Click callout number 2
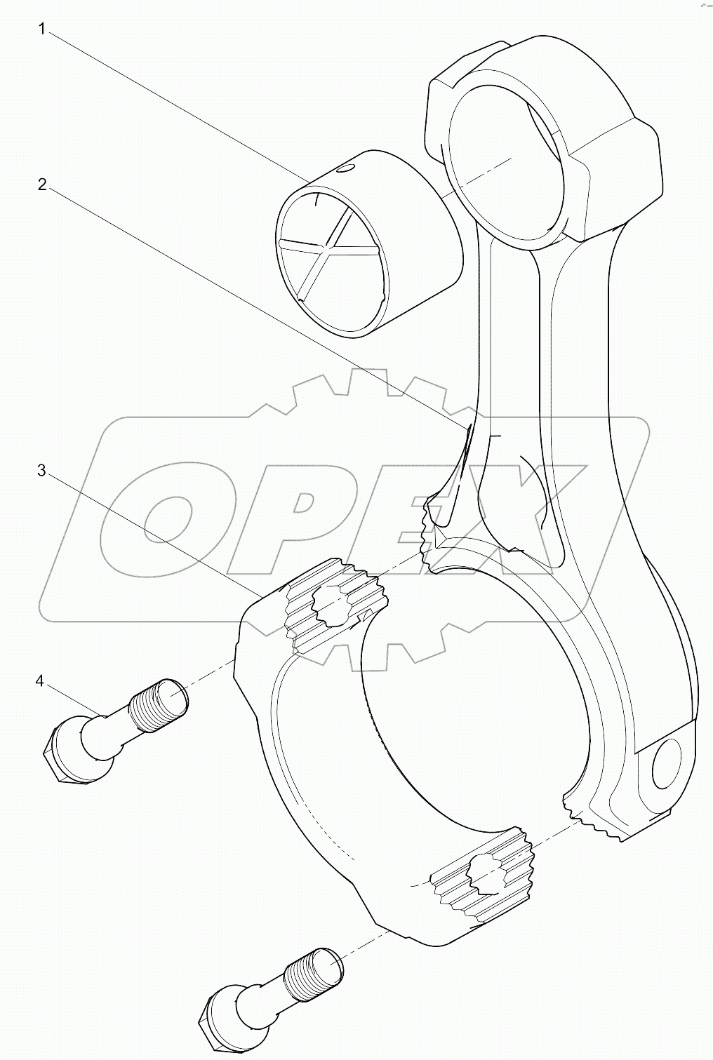point(42,185)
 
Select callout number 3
point(42,470)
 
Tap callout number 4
point(40,680)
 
